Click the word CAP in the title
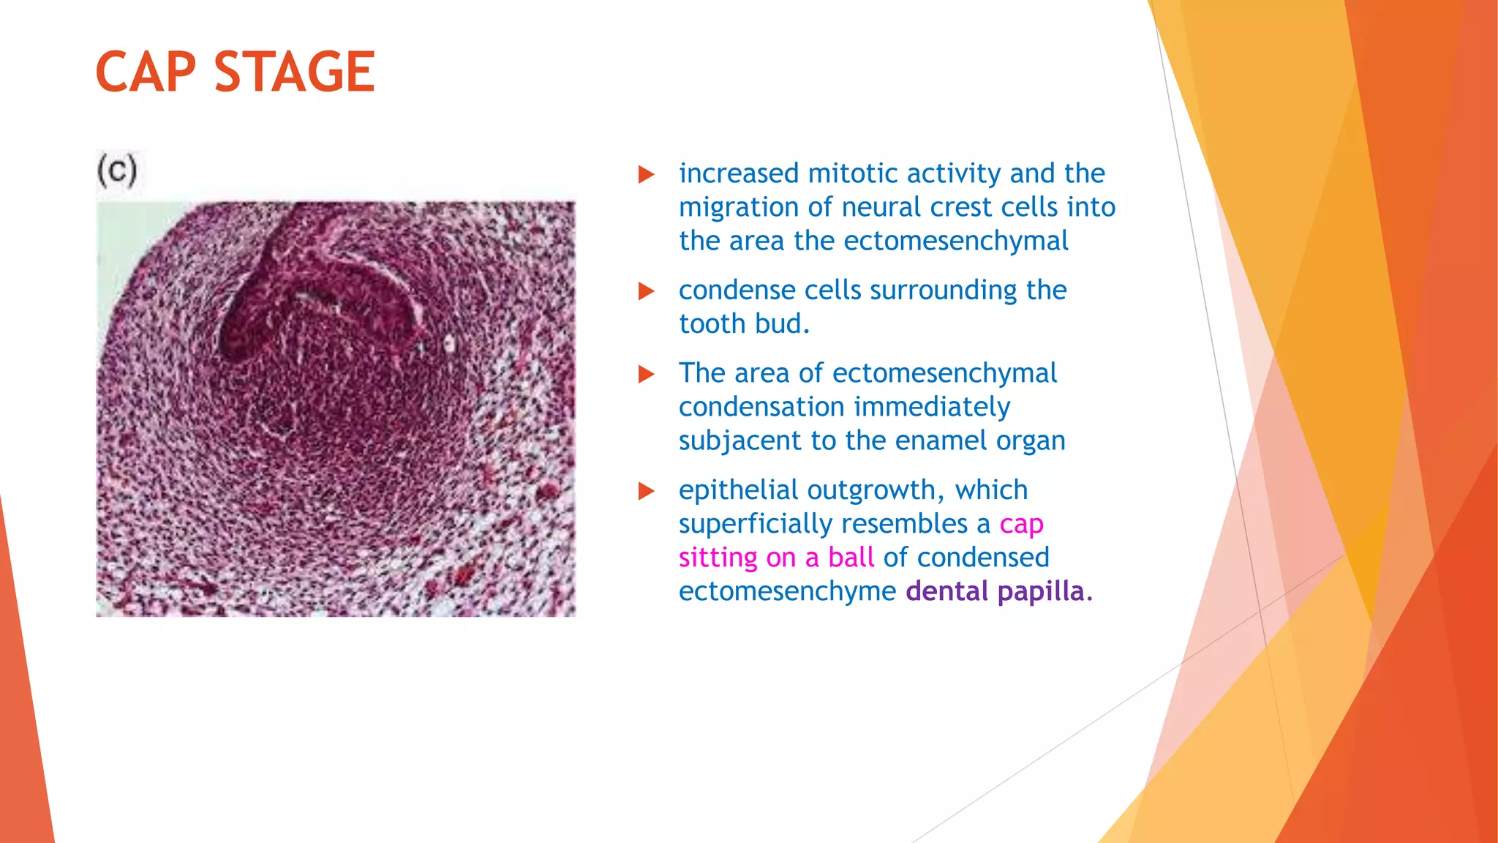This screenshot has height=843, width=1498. pos(146,72)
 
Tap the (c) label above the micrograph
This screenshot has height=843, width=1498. pos(117,171)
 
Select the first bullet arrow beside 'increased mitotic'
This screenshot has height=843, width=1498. pos(646,174)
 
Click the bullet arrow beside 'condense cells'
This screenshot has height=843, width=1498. pos(646,291)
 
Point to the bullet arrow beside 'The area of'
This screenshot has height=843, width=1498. pos(646,375)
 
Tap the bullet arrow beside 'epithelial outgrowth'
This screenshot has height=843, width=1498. pos(646,491)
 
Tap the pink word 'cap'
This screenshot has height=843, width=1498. pos(1021,525)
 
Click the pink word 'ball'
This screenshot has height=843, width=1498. pos(851,558)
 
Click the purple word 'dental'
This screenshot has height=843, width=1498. pos(946,591)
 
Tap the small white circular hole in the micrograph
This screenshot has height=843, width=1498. pos(449,343)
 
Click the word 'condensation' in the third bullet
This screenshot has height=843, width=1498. pos(761,407)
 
